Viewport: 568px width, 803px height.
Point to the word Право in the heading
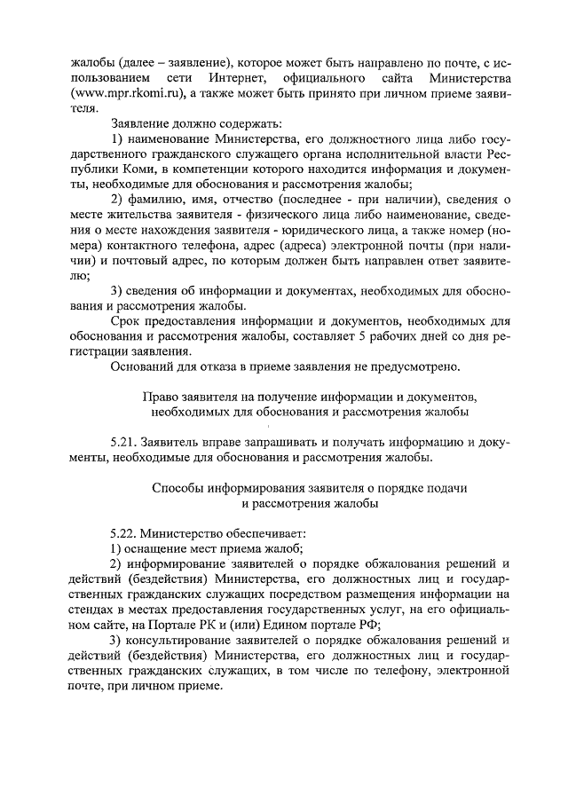161,396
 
